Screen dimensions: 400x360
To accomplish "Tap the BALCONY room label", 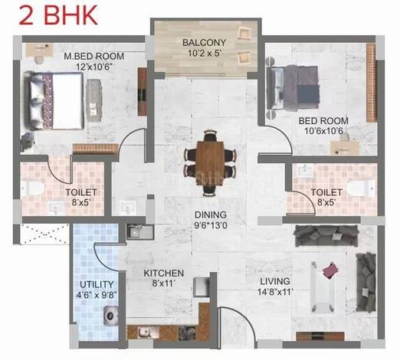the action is (205, 42).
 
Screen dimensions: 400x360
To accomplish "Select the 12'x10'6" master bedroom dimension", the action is (94, 67).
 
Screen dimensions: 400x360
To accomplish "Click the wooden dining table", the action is (210, 163).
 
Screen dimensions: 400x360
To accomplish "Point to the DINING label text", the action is (211, 214).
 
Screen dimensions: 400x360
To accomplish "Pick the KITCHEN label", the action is (164, 273).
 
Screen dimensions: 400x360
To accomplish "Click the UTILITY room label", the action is (97, 284).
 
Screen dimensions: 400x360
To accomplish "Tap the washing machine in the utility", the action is (111, 316).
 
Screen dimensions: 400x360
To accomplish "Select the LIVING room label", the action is (275, 281).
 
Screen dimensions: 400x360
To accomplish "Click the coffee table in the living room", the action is (323, 286).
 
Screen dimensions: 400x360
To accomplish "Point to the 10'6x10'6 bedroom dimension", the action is (323, 131).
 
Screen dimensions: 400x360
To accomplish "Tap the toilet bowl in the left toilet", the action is (32, 188).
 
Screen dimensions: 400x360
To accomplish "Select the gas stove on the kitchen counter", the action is (187, 333).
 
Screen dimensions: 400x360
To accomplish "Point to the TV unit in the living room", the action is (320, 336).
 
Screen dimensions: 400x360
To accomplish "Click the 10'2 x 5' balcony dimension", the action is (205, 54).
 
